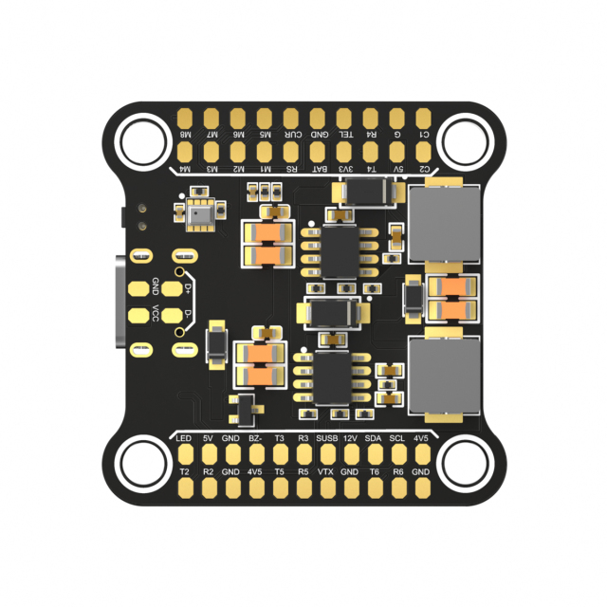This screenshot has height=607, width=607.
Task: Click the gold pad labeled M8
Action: pyautogui.click(x=187, y=119)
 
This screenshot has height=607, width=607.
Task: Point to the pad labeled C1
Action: pyautogui.click(x=424, y=119)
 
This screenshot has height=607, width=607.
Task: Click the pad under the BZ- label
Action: pyautogui.click(x=255, y=455)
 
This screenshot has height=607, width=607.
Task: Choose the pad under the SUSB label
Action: pyautogui.click(x=326, y=455)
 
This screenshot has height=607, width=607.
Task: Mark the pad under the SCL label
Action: pyautogui.click(x=397, y=455)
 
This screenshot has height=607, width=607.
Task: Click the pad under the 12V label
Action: pyautogui.click(x=350, y=455)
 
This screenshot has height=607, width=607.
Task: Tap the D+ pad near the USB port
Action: pyautogui.click(x=172, y=287)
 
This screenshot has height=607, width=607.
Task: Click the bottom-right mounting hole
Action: pyautogui.click(x=465, y=464)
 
